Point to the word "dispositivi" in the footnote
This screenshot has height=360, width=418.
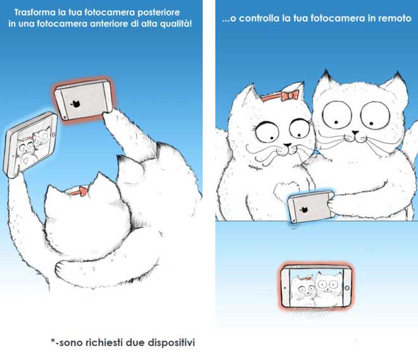click(171, 342)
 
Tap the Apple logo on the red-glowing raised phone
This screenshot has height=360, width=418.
click(76, 104)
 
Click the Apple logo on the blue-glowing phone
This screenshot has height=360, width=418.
click(304, 210)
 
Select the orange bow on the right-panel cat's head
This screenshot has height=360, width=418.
click(290, 95)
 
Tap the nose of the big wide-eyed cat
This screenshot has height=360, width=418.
click(355, 132)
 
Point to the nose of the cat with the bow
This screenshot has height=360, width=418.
click(287, 145)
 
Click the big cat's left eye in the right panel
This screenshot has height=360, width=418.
click(337, 114)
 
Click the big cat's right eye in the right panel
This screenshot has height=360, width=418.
click(375, 115)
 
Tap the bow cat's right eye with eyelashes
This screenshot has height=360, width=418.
click(300, 129)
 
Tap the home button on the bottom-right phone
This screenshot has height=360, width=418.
click(347, 288)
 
